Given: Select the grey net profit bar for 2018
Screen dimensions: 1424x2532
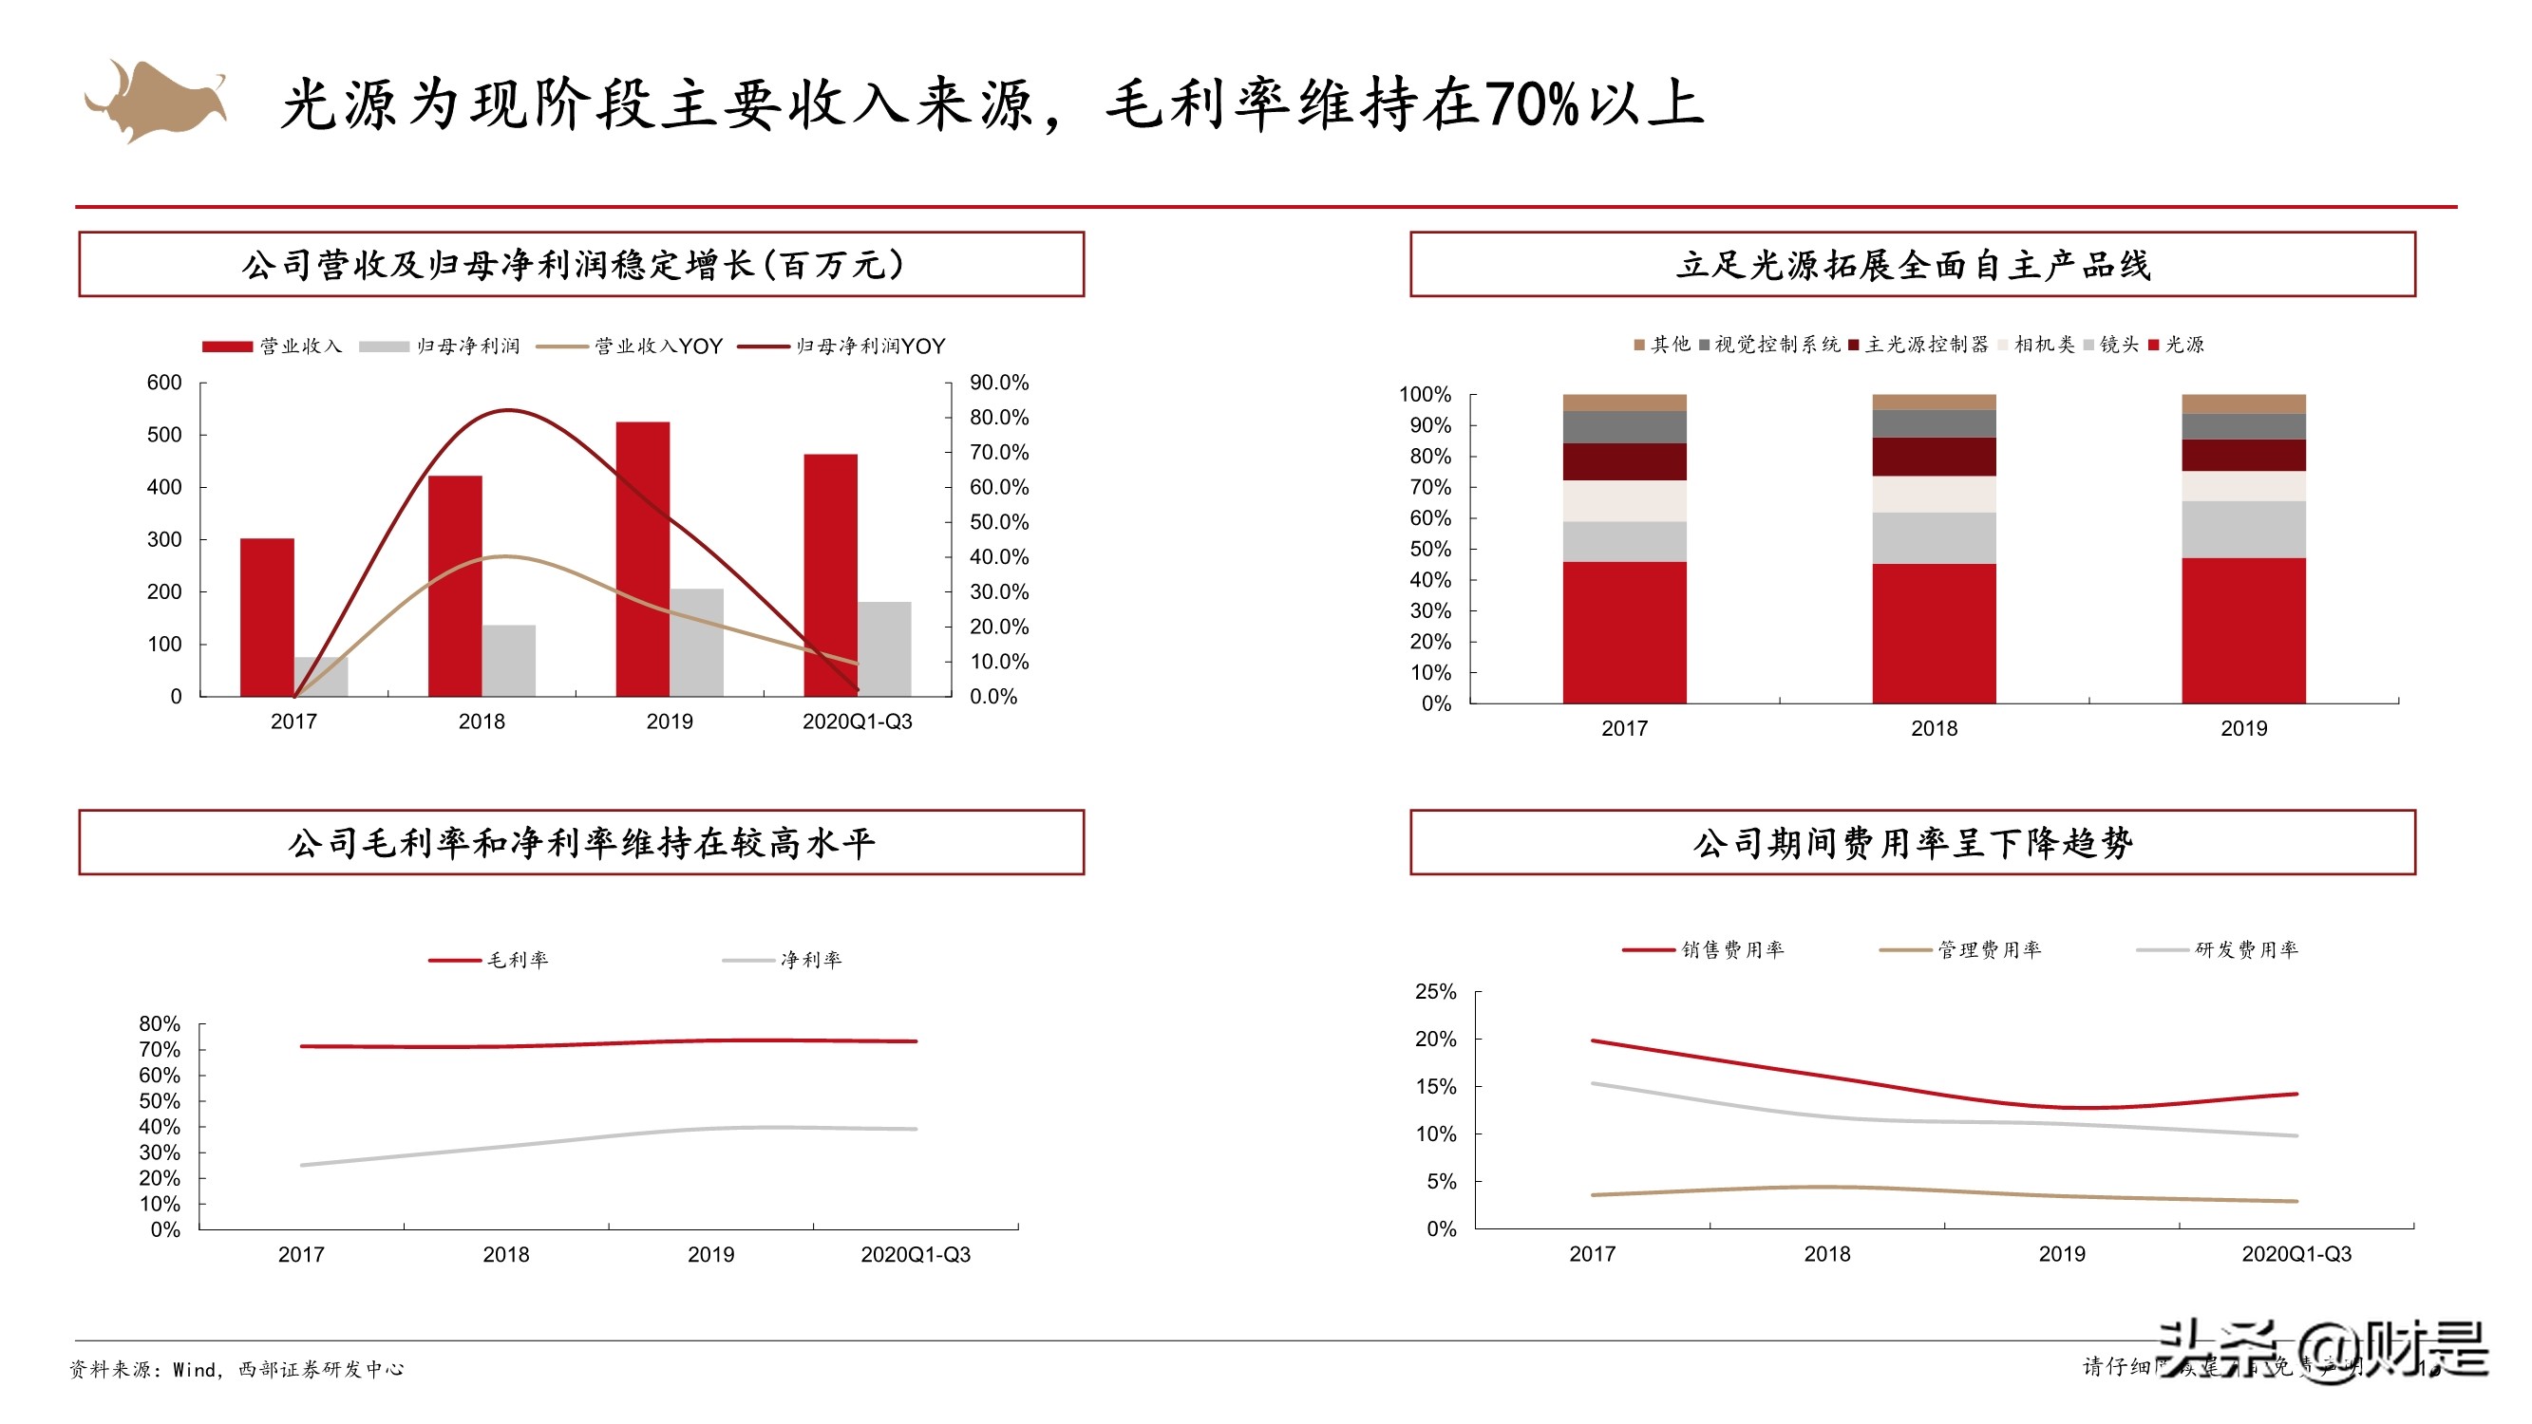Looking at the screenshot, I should pyautogui.click(x=508, y=661).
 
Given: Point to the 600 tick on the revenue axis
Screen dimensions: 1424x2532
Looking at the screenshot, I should pyautogui.click(x=164, y=383).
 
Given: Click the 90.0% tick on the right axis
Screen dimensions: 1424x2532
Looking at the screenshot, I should pyautogui.click(x=998, y=383).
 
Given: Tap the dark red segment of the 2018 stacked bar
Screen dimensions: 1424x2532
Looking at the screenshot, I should pyautogui.click(x=1934, y=456).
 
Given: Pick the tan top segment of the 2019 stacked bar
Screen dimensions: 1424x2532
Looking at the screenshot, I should pyautogui.click(x=2243, y=403).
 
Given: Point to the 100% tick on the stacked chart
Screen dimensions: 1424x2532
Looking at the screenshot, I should pyautogui.click(x=1425, y=394).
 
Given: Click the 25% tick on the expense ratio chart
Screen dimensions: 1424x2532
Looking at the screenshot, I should pyautogui.click(x=1435, y=992).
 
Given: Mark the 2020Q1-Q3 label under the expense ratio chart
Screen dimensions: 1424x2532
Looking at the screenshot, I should pyautogui.click(x=2296, y=1254).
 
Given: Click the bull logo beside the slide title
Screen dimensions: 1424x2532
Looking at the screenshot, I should pyautogui.click(x=156, y=102).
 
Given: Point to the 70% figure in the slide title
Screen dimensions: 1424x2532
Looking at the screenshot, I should pyautogui.click(x=1531, y=104).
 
